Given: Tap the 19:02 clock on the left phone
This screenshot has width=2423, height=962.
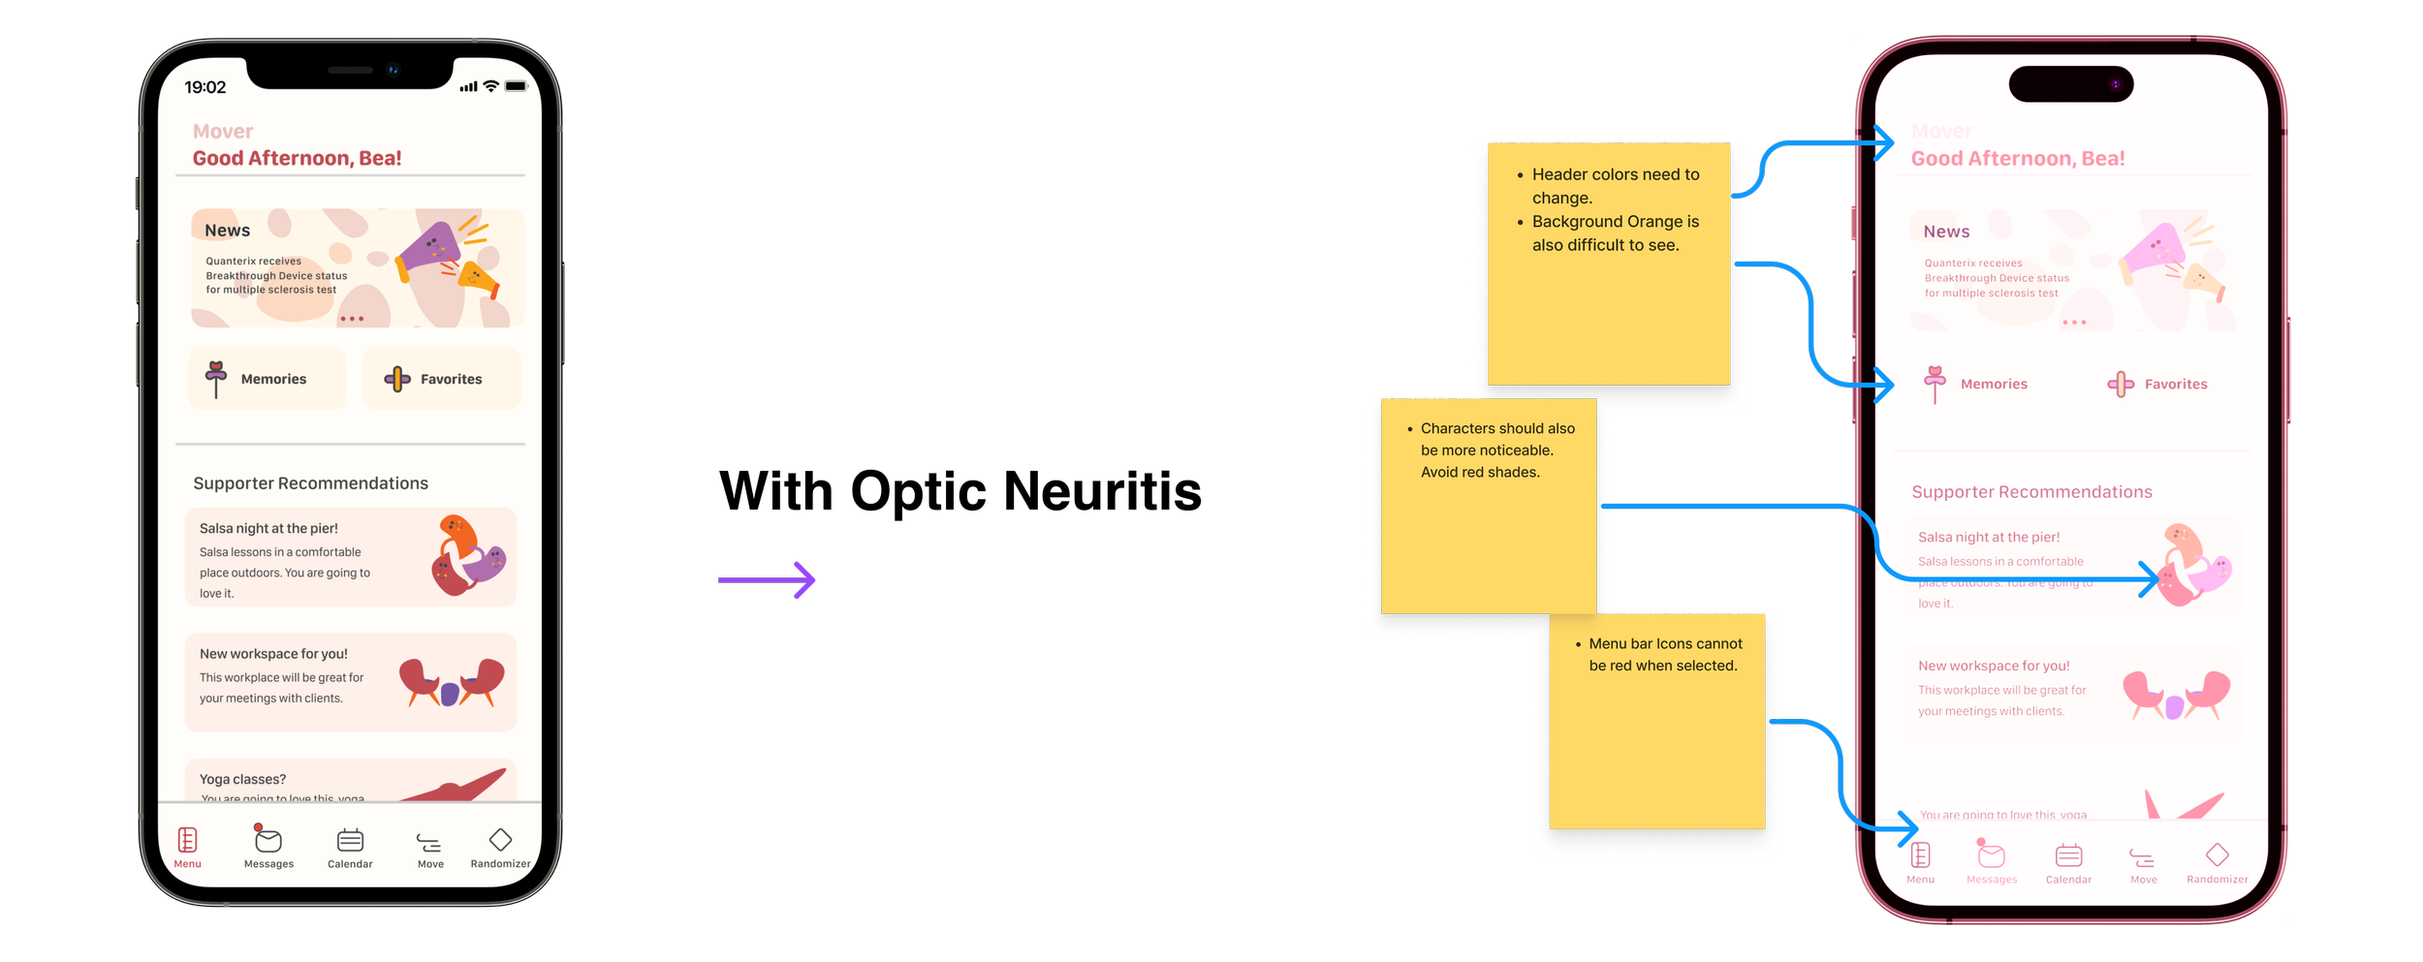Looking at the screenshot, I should pyautogui.click(x=205, y=87).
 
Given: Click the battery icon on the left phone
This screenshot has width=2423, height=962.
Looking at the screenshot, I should pyautogui.click(x=516, y=86).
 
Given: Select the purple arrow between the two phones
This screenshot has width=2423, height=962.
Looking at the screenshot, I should pyautogui.click(x=767, y=581).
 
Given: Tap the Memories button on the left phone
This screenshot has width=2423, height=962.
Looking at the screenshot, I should pyautogui.click(x=267, y=379).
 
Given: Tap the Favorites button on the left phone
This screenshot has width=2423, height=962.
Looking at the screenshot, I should pyautogui.click(x=442, y=379).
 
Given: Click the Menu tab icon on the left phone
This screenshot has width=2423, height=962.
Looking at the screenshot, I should pyautogui.click(x=188, y=840).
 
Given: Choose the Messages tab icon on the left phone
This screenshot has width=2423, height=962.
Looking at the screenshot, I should pyautogui.click(x=268, y=840).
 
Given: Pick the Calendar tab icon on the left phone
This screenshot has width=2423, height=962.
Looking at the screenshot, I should pyautogui.click(x=350, y=840).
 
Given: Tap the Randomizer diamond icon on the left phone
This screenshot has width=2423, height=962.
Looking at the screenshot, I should pyautogui.click(x=500, y=839).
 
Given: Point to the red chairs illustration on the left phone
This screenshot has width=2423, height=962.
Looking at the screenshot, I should pyautogui.click(x=452, y=682).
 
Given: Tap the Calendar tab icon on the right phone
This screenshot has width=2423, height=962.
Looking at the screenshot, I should pyautogui.click(x=2068, y=855).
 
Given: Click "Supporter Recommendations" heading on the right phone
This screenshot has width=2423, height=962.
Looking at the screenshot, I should pyautogui.click(x=2031, y=492).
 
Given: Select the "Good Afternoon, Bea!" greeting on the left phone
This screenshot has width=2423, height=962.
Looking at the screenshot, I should pyautogui.click(x=297, y=159).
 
